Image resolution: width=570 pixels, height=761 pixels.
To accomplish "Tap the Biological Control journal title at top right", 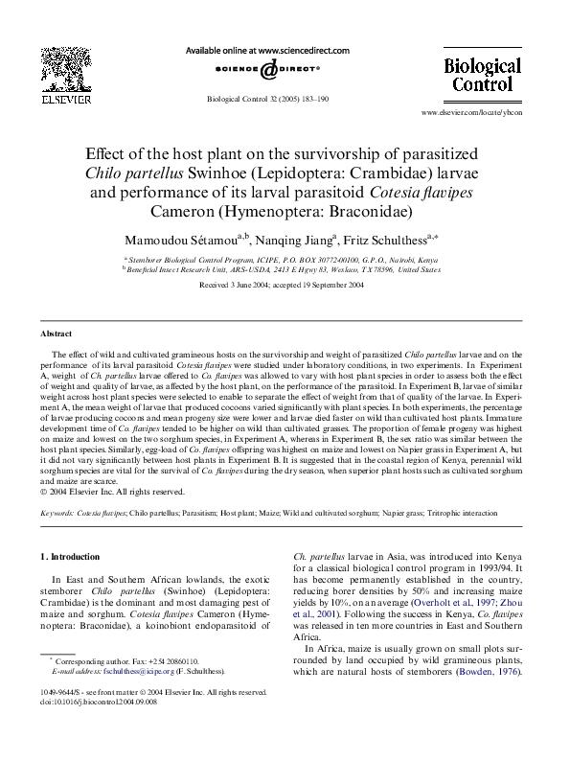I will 483,80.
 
